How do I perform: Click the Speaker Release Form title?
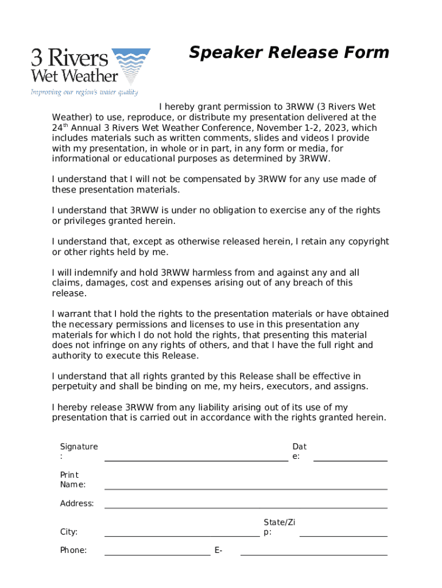[289, 53]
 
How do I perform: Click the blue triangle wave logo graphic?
[130, 65]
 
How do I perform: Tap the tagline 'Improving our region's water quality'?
[84, 92]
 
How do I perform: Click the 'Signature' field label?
[79, 447]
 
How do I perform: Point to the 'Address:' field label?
[77, 504]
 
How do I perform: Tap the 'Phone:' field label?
[73, 550]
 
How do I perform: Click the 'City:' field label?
[69, 532]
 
